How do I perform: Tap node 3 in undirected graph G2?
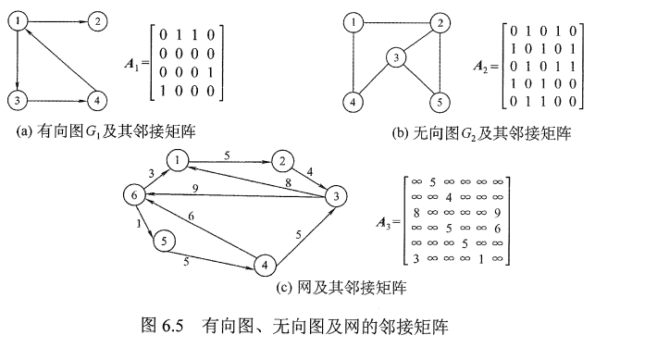(x=397, y=58)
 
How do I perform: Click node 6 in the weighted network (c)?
(x=134, y=195)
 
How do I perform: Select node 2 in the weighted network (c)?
(x=279, y=161)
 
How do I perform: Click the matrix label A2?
(x=485, y=65)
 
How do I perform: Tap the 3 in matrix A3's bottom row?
(x=415, y=258)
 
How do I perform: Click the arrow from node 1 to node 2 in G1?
(x=56, y=19)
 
